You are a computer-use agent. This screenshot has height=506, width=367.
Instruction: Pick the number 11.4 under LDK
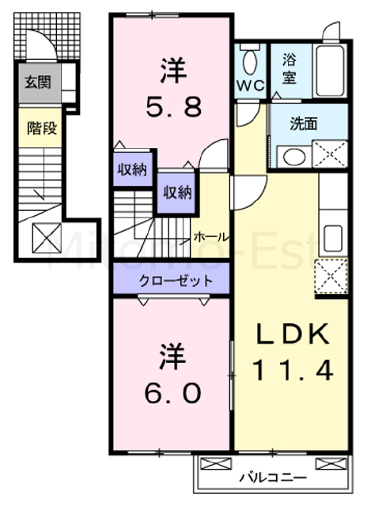pos(289,368)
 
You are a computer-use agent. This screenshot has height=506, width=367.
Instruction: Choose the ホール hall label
pos(211,236)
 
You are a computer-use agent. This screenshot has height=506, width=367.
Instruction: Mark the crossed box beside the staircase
pos(41,236)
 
